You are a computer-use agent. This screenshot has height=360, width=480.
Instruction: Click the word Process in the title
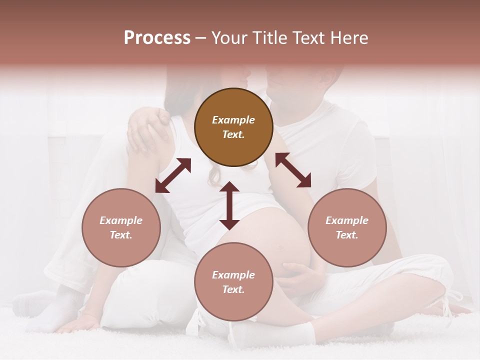click(157, 38)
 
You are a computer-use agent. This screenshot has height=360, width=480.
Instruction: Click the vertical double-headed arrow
click(229, 205)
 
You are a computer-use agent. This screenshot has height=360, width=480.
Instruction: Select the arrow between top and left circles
click(173, 175)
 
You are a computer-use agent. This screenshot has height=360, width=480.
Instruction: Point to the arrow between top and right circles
click(293, 170)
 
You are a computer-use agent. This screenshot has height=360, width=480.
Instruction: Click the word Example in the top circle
click(233, 120)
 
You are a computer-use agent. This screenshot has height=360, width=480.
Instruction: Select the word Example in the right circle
click(347, 220)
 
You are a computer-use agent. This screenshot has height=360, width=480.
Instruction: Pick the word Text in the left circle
click(120, 235)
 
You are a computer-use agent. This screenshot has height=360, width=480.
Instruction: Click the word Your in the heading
click(230, 38)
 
